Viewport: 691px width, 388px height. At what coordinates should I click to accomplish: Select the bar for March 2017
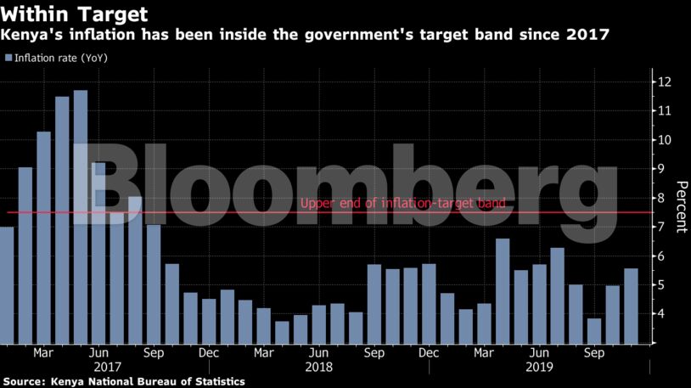pyautogui.click(x=44, y=238)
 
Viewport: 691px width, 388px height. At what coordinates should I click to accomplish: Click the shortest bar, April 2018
pyautogui.click(x=282, y=332)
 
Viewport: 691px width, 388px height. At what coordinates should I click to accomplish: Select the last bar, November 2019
pyautogui.click(x=631, y=306)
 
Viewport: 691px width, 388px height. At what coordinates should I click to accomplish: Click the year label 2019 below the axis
pyautogui.click(x=539, y=368)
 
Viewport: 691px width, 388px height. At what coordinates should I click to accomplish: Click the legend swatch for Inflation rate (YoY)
pyautogui.click(x=8, y=58)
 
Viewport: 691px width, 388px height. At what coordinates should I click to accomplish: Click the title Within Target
pyautogui.click(x=75, y=14)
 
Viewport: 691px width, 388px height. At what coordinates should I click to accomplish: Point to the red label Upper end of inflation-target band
pyautogui.click(x=402, y=204)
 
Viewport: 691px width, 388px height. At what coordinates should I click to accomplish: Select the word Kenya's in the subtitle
pyautogui.click(x=31, y=35)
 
